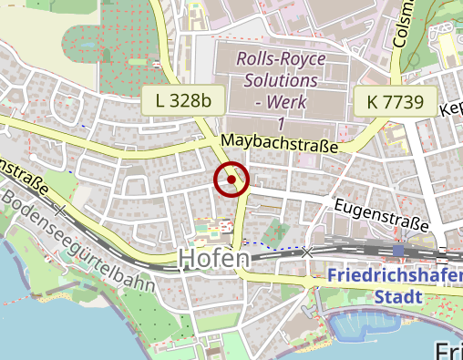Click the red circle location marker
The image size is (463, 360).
pyautogui.click(x=231, y=180)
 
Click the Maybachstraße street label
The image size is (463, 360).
pyautogui.click(x=280, y=144)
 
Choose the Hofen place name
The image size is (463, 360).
pyautogui.click(x=214, y=260)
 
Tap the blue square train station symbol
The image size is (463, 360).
pyautogui.click(x=398, y=249)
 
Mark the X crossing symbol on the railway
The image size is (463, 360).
pyautogui.click(x=307, y=251)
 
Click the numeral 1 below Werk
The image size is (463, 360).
pyautogui.click(x=281, y=123)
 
